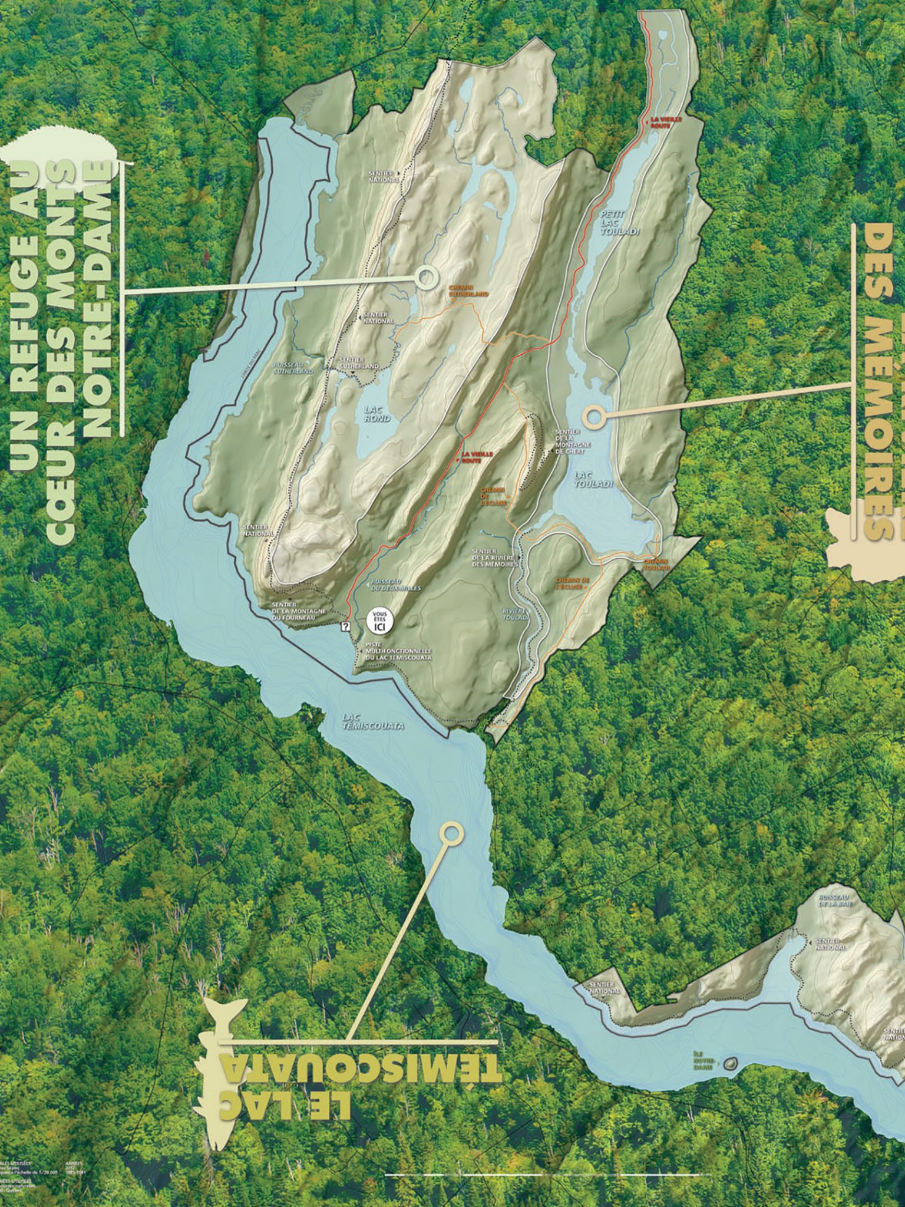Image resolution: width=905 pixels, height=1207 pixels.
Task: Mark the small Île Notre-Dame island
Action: (730, 1064)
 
